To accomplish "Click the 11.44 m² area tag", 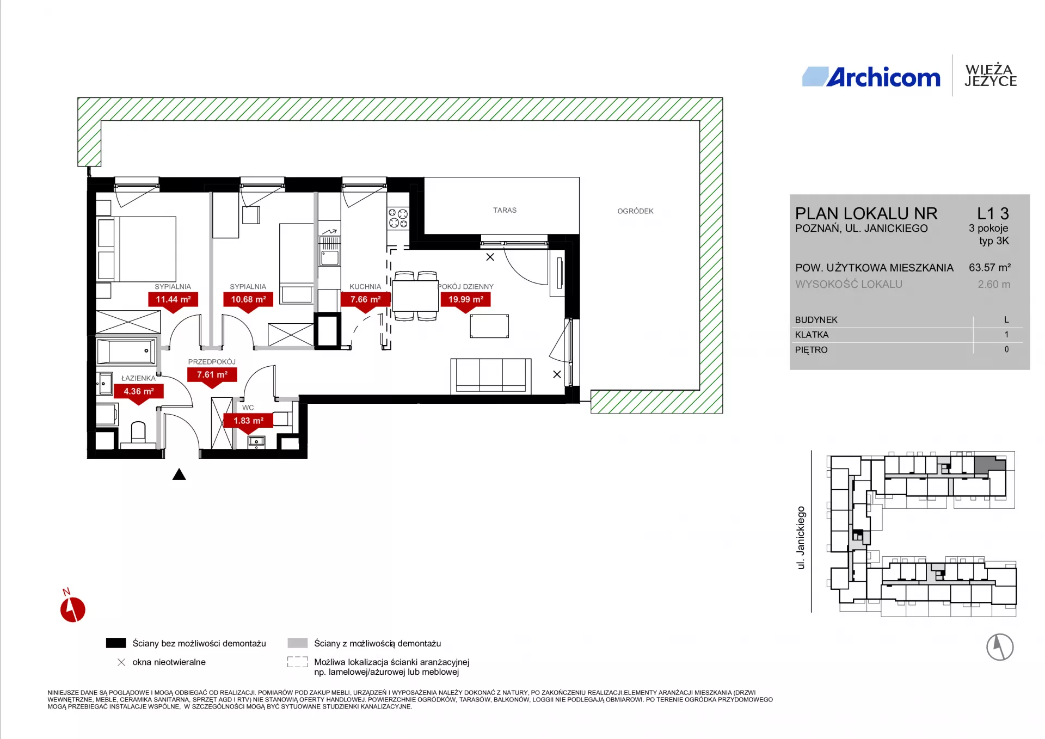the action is coord(173,299).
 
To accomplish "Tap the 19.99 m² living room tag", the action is coord(466,299).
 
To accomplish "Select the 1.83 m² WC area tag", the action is coord(249,421).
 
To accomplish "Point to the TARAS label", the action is coord(505,210).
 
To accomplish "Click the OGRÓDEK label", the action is coord(635,211).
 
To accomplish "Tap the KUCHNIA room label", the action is coord(365,287).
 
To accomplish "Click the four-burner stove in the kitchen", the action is coord(398,218).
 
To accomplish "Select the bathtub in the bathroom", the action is coord(126,351).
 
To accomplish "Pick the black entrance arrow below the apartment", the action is coord(179,475).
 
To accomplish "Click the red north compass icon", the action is coord(72,609).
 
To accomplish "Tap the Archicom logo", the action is coord(871,77).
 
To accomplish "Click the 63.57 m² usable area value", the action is coord(989,268).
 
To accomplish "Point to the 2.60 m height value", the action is coord(994,284).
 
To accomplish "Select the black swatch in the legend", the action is coord(116,643).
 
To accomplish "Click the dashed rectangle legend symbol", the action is coord(298,662).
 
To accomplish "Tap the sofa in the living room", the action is coord(491,376).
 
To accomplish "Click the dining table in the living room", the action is coord(416,296).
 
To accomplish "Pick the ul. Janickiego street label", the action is coord(801,538).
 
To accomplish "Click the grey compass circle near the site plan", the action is coord(1000,647).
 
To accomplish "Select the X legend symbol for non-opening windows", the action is coord(121,662).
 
